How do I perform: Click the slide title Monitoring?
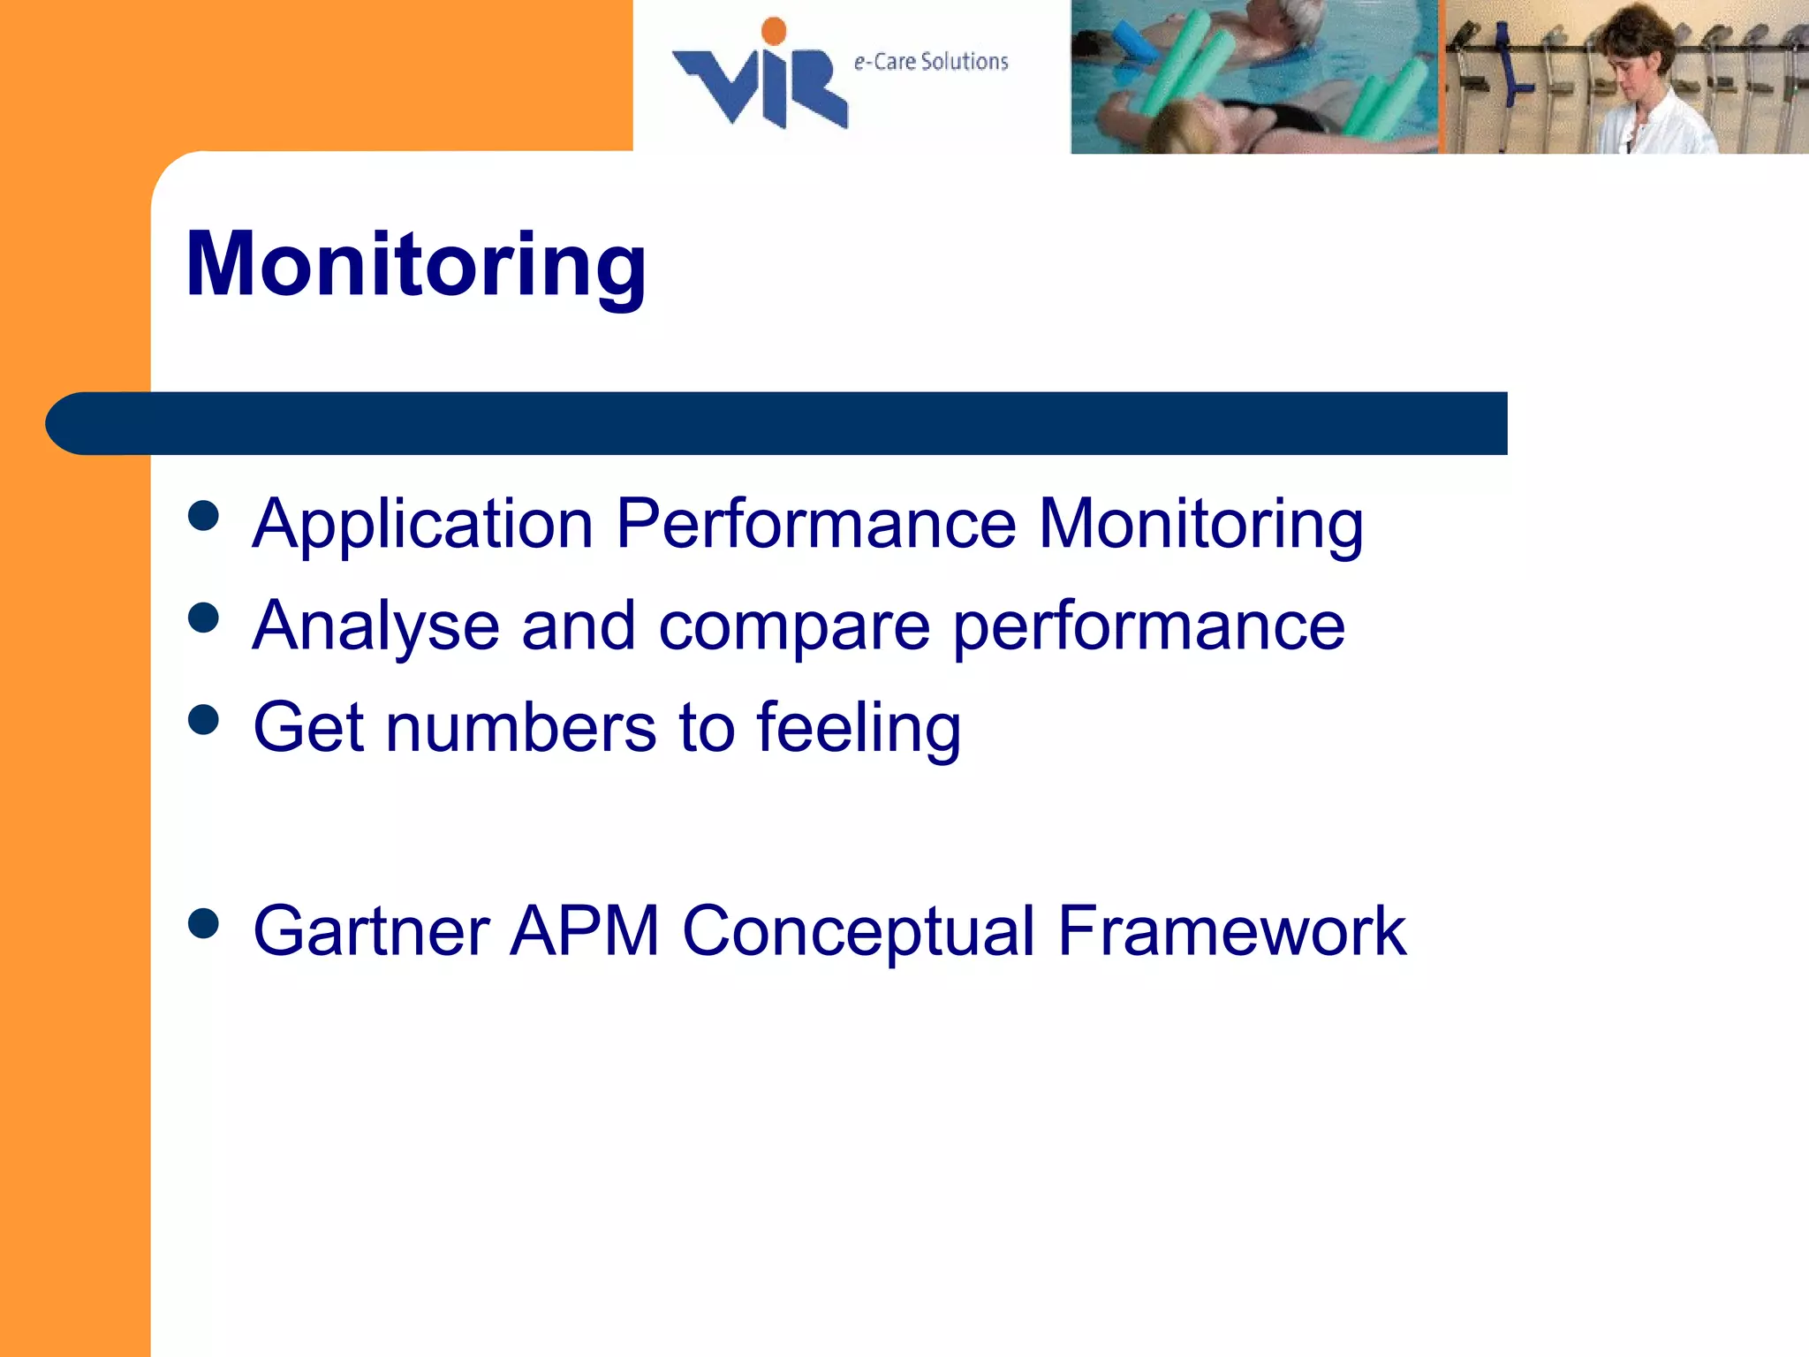click(x=416, y=265)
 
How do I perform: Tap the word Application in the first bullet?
click(x=422, y=525)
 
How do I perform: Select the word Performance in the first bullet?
click(x=815, y=525)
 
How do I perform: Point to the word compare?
click(x=794, y=626)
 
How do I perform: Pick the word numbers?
click(x=521, y=728)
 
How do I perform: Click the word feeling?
click(x=859, y=728)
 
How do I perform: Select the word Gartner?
click(x=371, y=931)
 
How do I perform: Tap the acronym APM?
click(x=585, y=931)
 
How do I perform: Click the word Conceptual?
click(x=859, y=931)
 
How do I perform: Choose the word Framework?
click(x=1231, y=931)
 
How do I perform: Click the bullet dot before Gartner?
click(x=204, y=924)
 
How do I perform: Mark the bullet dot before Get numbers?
click(x=204, y=720)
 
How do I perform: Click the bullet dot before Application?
click(x=204, y=516)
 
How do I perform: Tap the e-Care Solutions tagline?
click(x=930, y=62)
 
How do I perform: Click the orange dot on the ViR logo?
click(x=774, y=31)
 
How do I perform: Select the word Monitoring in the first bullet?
click(x=1200, y=525)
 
